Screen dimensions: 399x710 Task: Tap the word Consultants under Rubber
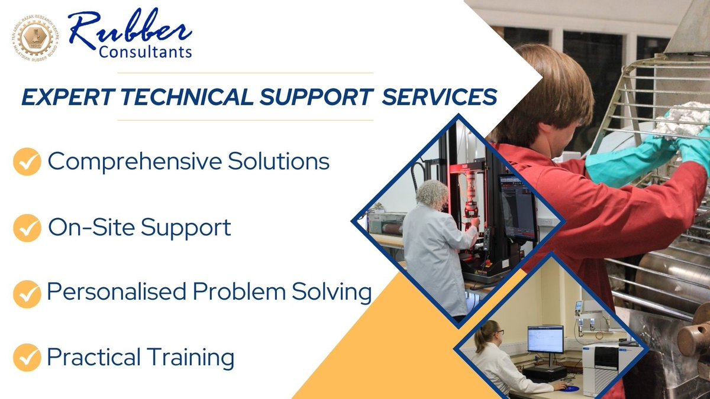[145, 53]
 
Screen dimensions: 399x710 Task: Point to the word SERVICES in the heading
[438, 97]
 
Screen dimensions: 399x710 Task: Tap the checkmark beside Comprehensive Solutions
[27, 163]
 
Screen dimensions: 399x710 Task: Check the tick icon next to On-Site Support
[27, 229]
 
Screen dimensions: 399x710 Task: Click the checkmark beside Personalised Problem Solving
[27, 294]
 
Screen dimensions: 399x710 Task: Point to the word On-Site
[92, 228]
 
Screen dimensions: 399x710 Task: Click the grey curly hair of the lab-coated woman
[433, 194]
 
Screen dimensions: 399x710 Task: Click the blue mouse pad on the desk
[569, 388]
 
